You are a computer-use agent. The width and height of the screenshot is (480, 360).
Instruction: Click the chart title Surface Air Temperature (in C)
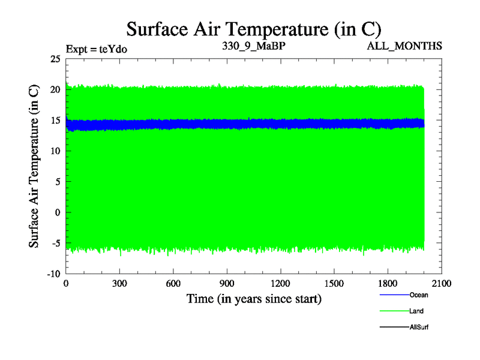coord(254,29)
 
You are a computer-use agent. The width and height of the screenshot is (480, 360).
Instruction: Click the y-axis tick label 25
coord(55,59)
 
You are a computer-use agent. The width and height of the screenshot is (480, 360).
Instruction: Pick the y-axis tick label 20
coord(55,89)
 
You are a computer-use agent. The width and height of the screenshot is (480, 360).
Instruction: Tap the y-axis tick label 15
coord(55,120)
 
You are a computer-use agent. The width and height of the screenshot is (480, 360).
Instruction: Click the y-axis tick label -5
coord(55,243)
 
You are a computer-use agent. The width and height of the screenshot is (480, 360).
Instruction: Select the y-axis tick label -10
coord(53,274)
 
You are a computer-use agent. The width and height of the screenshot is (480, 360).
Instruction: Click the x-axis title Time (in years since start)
coord(254,299)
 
